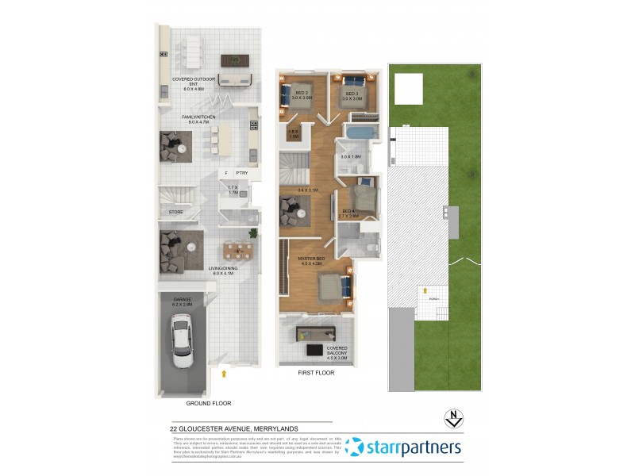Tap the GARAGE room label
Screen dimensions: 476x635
[x=183, y=301]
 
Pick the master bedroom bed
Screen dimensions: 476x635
[x=333, y=287]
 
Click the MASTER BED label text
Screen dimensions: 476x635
[x=310, y=259]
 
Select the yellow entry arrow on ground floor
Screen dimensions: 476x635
[x=225, y=370]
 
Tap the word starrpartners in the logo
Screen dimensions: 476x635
[x=413, y=447]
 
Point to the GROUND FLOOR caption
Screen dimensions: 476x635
[x=208, y=404]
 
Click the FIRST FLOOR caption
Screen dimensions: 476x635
[x=315, y=372]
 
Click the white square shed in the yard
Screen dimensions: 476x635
[x=409, y=88]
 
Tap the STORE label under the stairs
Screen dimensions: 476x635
[x=176, y=212]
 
